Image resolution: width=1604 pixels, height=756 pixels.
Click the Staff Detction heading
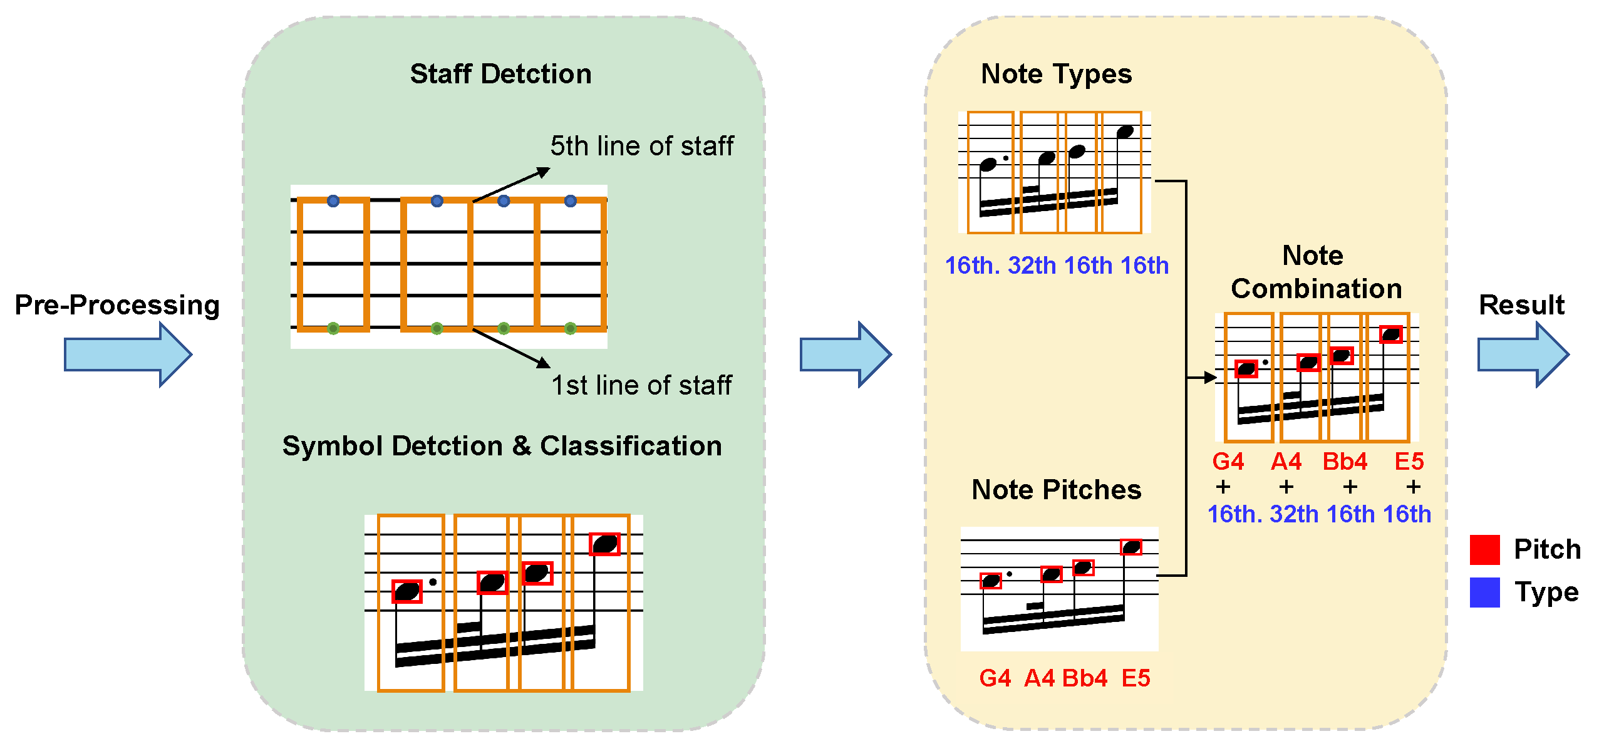click(x=500, y=74)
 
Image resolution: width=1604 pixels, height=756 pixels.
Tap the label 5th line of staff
click(x=641, y=146)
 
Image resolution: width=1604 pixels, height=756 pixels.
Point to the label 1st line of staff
click(x=641, y=385)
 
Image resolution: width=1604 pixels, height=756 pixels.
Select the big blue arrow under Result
click(x=1523, y=355)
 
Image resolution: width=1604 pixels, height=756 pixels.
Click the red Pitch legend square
click(x=1484, y=550)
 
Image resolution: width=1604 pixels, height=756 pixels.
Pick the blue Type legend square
click(x=1484, y=593)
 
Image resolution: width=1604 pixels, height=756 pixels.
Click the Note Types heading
click(x=1056, y=74)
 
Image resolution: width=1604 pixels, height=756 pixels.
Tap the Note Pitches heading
click(x=1056, y=490)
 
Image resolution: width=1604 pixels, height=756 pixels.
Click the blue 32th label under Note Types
click(x=1032, y=266)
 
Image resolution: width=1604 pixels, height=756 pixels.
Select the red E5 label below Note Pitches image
click(x=1136, y=678)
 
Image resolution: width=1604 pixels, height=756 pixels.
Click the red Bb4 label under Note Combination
click(x=1345, y=462)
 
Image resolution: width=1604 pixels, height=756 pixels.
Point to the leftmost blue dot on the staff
click(x=333, y=201)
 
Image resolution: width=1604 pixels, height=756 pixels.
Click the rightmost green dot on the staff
click(x=570, y=328)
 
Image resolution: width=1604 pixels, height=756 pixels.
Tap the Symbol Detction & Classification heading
click(x=502, y=446)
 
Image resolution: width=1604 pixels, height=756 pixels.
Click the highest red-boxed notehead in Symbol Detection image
click(x=605, y=544)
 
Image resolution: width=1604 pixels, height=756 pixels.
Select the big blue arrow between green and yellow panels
click(x=846, y=355)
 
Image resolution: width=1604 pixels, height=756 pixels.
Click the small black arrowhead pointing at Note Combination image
click(x=1210, y=378)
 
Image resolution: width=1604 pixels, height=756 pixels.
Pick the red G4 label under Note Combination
click(x=1228, y=462)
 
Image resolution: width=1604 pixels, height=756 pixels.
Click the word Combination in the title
click(x=1316, y=289)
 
